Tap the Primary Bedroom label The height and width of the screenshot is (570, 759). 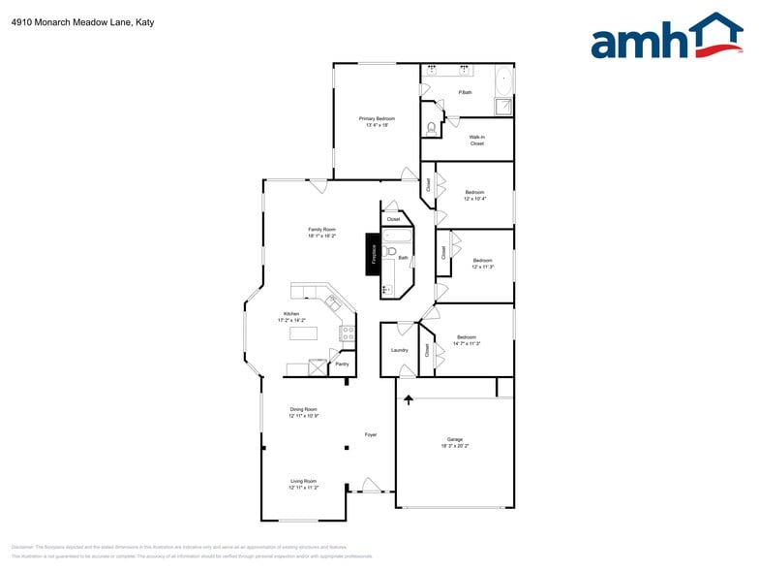377,121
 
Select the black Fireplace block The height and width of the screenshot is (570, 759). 373,254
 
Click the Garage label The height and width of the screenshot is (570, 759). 454,442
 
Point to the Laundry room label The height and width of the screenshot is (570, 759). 399,350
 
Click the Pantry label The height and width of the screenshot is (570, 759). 341,364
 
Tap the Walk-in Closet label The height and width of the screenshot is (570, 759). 476,141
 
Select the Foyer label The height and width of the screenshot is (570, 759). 371,434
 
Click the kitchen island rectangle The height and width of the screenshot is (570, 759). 304,333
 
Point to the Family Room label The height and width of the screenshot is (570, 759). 322,232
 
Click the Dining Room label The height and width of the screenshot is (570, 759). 304,412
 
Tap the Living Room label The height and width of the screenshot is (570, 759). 303,484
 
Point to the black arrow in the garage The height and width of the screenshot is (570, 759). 409,398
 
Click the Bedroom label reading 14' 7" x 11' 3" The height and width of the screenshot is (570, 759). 467,340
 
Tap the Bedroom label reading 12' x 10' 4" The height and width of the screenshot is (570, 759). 474,195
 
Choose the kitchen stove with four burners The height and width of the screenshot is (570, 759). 347,333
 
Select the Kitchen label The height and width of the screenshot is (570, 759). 291,316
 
